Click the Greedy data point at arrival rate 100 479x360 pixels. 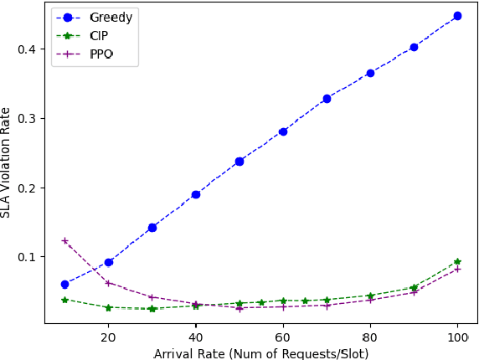point(457,16)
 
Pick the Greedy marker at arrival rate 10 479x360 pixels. point(64,285)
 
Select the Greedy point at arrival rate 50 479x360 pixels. point(239,161)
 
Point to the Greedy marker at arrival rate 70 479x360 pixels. point(327,99)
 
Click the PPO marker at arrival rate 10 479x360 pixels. point(64,240)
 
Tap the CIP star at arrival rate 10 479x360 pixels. point(64,300)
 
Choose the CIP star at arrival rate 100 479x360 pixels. point(457,261)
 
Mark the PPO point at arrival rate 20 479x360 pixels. point(108,283)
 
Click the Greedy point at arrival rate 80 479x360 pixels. point(370,73)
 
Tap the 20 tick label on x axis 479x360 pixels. point(108,336)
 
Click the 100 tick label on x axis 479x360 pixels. point(457,336)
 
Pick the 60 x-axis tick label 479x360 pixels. point(283,336)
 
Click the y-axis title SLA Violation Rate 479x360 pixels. point(7,162)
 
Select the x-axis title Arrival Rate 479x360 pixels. point(261,352)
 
